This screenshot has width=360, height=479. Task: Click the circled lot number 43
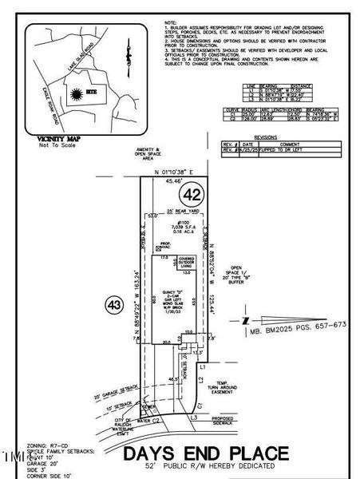[x=113, y=303]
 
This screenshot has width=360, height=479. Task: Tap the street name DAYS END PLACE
[x=204, y=453]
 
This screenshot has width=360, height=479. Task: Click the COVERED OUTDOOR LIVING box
[x=187, y=261]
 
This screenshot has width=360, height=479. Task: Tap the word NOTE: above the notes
[x=170, y=22]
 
